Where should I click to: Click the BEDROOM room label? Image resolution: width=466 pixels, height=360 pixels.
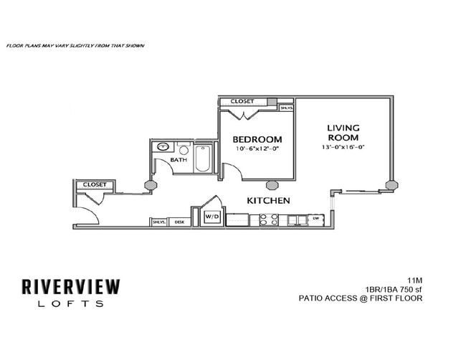pos(257,139)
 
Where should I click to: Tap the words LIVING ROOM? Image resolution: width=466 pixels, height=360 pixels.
pos(343,133)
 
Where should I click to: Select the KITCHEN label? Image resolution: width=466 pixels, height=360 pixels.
pos(269,201)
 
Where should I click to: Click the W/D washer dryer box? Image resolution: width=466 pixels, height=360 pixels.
pos(212,216)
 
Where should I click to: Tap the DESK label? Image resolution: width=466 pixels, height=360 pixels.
pos(179,222)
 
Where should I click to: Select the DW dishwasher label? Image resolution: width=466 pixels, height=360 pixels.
pos(315,218)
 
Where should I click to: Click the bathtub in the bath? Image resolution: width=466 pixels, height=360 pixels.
pos(202,158)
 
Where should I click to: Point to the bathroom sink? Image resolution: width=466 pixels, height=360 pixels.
pos(163,148)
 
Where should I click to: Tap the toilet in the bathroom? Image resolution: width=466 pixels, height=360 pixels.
pos(183,151)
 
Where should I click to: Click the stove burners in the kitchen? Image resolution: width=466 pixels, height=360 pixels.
pos(269,219)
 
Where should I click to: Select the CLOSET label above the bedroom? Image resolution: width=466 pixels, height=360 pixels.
pos(242,102)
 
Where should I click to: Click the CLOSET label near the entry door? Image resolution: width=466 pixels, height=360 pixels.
pos(95,184)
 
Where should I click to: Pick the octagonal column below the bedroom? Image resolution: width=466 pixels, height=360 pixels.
pos(272,184)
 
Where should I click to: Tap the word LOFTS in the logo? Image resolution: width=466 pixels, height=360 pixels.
pos(71,304)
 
